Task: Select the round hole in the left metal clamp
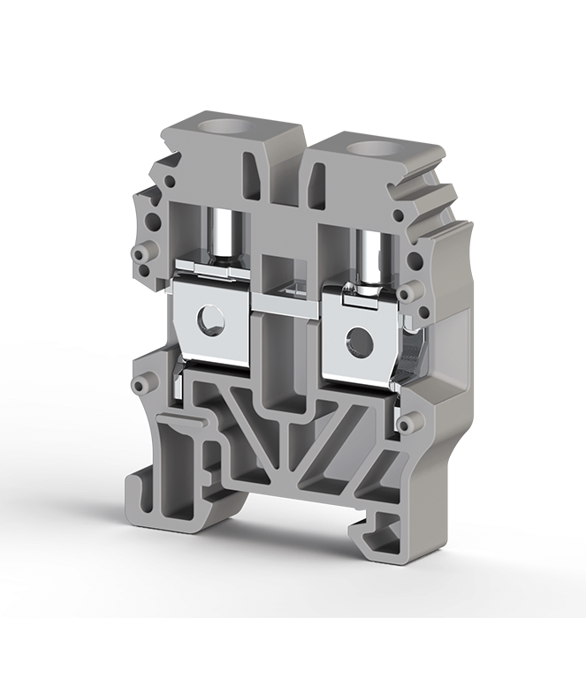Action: point(209,320)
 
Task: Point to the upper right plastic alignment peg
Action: point(407,292)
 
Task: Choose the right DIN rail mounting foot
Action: point(380,530)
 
